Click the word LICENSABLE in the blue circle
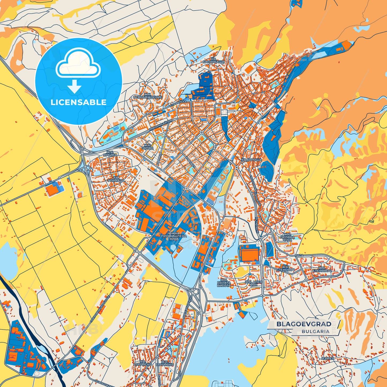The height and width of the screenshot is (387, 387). coord(78,102)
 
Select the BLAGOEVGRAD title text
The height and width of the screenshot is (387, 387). coord(304,324)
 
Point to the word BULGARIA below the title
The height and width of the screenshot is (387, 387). coord(315,331)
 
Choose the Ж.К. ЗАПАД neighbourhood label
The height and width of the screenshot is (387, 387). coord(148,146)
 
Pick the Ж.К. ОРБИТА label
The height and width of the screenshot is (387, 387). coord(110,154)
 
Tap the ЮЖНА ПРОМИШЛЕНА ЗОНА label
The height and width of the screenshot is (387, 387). coord(174,236)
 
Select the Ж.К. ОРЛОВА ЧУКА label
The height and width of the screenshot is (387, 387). coord(287,237)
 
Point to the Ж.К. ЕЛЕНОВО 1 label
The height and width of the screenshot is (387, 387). coord(285,269)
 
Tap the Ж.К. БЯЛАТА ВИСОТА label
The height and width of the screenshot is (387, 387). coord(224,283)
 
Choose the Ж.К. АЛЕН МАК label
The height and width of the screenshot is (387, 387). coord(253,283)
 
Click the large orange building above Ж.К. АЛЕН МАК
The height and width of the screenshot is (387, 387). coord(249,253)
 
